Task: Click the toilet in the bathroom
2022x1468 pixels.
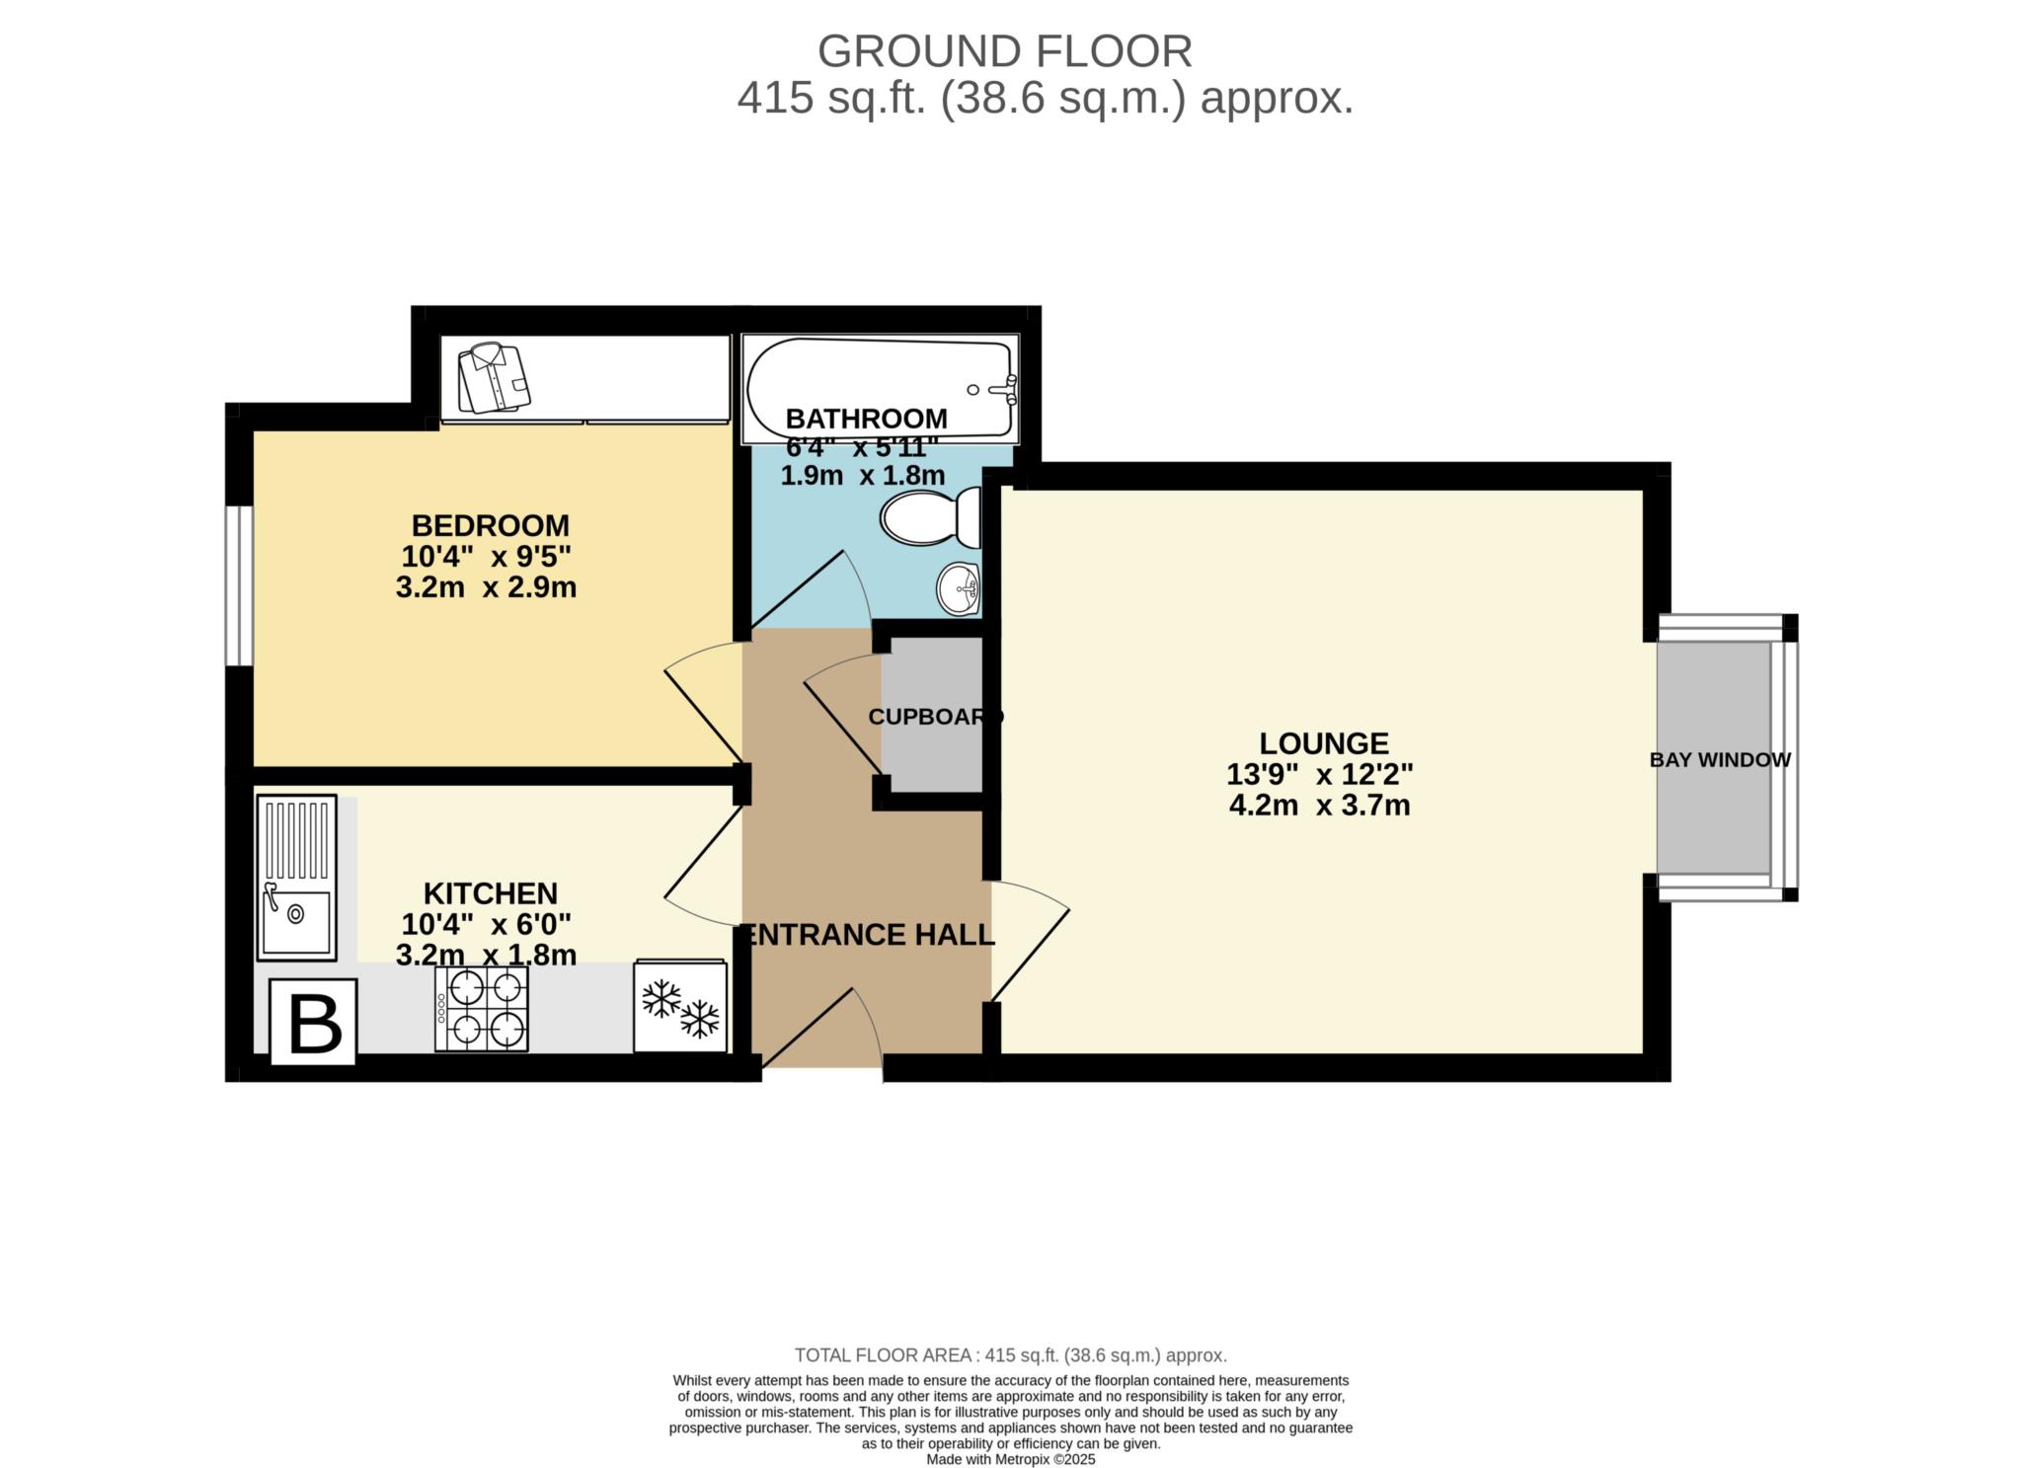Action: (x=928, y=518)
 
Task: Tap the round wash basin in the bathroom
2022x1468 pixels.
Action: (x=958, y=589)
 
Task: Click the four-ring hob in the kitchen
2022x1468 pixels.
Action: (x=482, y=1008)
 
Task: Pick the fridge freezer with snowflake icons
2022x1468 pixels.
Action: (x=681, y=1006)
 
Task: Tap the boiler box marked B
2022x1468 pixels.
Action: (x=313, y=1024)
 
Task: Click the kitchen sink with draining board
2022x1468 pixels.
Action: (x=296, y=878)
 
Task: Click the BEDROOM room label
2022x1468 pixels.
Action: (x=490, y=524)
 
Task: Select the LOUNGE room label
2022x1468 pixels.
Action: (x=1323, y=742)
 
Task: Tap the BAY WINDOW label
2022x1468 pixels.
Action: (x=1720, y=760)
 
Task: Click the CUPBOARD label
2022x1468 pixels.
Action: (x=935, y=718)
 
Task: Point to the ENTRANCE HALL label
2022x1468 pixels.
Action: (x=869, y=934)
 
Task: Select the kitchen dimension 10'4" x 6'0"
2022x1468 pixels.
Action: (x=486, y=924)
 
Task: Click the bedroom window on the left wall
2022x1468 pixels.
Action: (x=238, y=586)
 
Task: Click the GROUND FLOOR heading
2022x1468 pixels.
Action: (x=1004, y=51)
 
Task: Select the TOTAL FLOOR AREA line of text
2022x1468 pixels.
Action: (x=1010, y=1355)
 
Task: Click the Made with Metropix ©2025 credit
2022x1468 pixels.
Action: (x=1010, y=1459)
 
